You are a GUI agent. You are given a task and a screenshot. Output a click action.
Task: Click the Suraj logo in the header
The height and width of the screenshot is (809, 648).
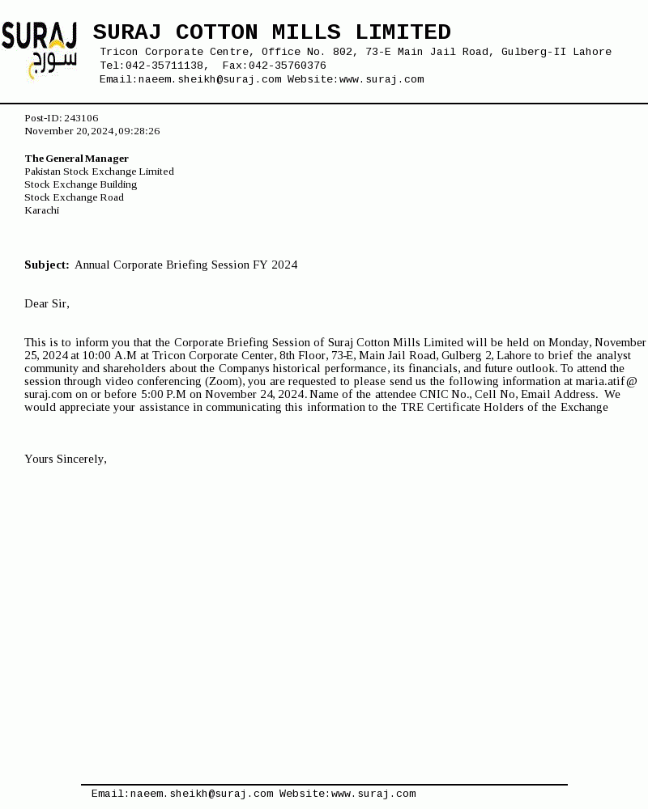tap(39, 49)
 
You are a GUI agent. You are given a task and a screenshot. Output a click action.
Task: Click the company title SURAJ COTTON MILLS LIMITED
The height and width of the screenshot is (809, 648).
tap(271, 32)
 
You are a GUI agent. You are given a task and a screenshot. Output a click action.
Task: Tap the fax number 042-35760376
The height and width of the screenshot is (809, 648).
tap(287, 66)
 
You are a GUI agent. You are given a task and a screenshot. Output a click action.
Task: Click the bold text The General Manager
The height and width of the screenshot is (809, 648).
tap(76, 159)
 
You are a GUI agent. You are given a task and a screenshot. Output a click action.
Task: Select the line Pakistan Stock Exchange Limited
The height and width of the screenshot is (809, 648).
tap(99, 172)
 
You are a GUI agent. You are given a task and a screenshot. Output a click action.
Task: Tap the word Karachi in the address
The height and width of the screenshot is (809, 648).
tap(41, 210)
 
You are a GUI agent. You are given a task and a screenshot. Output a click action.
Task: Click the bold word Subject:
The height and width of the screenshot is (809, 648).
tap(46, 265)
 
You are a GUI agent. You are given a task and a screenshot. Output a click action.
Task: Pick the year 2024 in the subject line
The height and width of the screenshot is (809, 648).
tap(284, 265)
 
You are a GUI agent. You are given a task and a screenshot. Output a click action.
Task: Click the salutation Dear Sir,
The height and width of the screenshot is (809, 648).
tap(47, 304)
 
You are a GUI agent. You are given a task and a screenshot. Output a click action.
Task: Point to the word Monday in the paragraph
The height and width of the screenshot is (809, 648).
tap(569, 343)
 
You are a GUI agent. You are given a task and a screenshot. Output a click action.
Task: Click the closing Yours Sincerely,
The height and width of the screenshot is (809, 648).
tap(66, 460)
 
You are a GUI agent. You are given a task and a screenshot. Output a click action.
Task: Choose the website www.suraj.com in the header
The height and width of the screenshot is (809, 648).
tap(382, 79)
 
